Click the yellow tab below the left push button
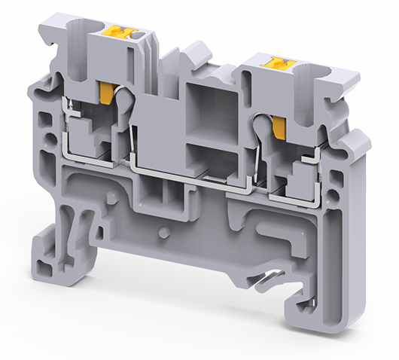[x=108, y=93]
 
